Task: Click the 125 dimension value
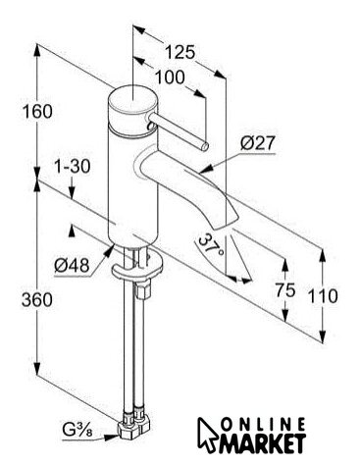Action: [180, 52]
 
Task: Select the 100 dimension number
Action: [170, 77]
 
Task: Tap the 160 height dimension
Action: [37, 112]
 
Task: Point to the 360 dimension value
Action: [37, 299]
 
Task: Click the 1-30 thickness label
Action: [72, 167]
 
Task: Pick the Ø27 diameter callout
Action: [258, 143]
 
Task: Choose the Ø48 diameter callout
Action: [72, 265]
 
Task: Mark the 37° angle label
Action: [211, 245]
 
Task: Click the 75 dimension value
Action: [285, 289]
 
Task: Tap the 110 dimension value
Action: [323, 296]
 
